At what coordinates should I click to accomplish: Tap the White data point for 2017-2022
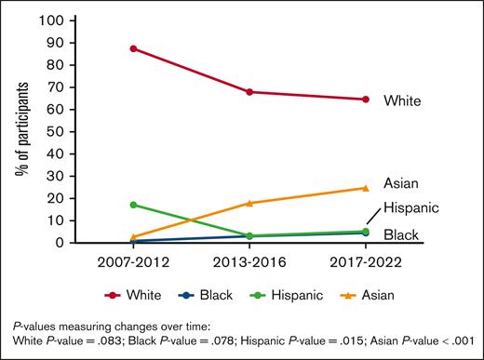(366, 100)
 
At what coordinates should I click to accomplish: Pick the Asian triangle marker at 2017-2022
(366, 188)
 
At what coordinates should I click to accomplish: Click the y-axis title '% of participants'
(20, 131)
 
